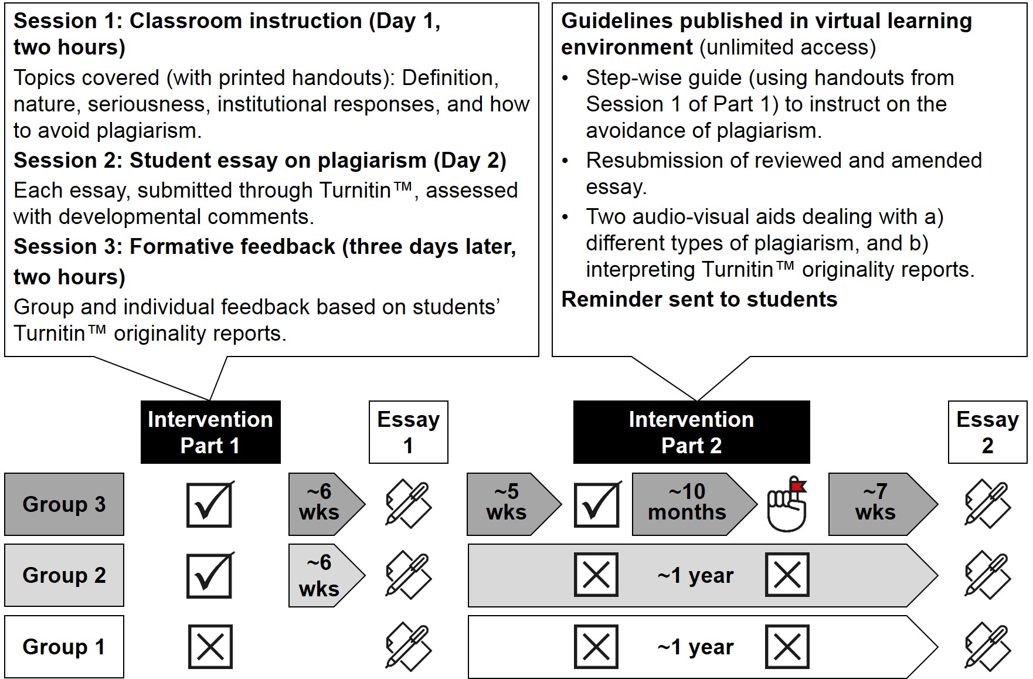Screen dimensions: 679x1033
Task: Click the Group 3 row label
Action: pos(64,504)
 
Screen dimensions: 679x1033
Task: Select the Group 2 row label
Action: pos(64,575)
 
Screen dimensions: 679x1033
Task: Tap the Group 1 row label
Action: pos(64,646)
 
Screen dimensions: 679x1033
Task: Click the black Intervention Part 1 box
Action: pos(210,432)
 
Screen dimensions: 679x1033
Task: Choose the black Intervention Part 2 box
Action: pos(691,432)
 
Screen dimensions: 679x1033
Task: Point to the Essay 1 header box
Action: pos(408,432)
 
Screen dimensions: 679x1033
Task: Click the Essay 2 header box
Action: pos(987,432)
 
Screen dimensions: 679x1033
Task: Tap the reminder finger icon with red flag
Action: pos(787,504)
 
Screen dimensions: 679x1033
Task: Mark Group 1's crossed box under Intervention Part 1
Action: pos(210,647)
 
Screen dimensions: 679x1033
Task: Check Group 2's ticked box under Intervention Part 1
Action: pos(210,575)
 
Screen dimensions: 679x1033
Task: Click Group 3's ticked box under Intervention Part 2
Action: pos(597,504)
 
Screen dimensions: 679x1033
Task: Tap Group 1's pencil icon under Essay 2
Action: pos(987,647)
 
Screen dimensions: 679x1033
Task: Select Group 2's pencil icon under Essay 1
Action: pos(408,575)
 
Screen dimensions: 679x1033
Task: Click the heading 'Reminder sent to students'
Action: pos(699,300)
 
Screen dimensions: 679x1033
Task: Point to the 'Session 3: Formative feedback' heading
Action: pos(264,247)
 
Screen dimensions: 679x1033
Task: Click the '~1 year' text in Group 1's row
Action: pos(695,647)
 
